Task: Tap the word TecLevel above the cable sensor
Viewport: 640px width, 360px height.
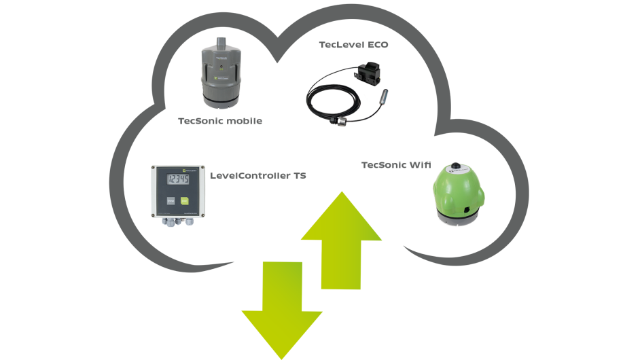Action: (341, 45)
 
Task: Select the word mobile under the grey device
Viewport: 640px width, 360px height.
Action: (241, 121)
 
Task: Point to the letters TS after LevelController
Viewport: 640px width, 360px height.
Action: (300, 176)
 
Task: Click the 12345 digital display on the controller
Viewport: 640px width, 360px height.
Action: (179, 180)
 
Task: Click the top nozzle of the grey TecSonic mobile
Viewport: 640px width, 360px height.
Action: (220, 43)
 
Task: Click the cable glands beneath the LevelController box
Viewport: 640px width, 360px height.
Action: (175, 221)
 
